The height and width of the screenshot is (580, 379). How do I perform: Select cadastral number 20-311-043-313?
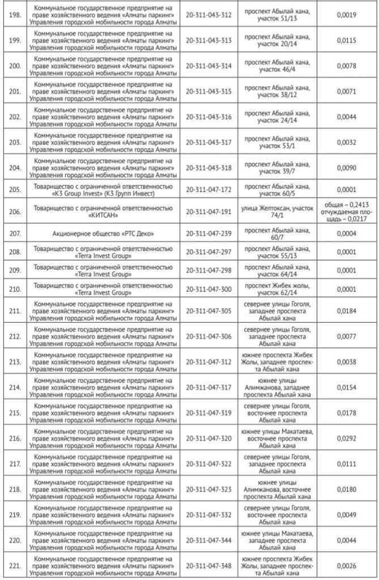(x=208, y=40)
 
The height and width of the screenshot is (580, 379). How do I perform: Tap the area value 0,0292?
(x=346, y=438)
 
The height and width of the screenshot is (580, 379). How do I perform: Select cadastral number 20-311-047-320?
(x=208, y=438)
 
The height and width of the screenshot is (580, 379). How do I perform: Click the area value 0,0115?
(x=346, y=40)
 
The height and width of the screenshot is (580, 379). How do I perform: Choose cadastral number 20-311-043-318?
(x=208, y=168)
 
